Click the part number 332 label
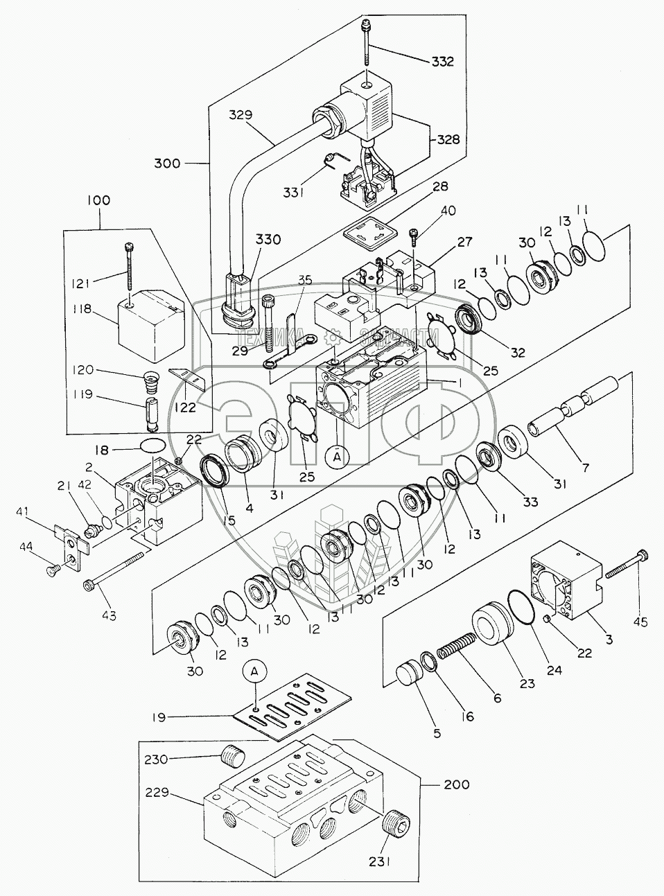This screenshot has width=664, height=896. (x=442, y=62)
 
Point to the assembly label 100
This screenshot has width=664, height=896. (x=98, y=200)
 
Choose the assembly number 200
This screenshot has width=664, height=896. (x=455, y=785)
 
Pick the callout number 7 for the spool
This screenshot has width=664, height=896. (x=585, y=467)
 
